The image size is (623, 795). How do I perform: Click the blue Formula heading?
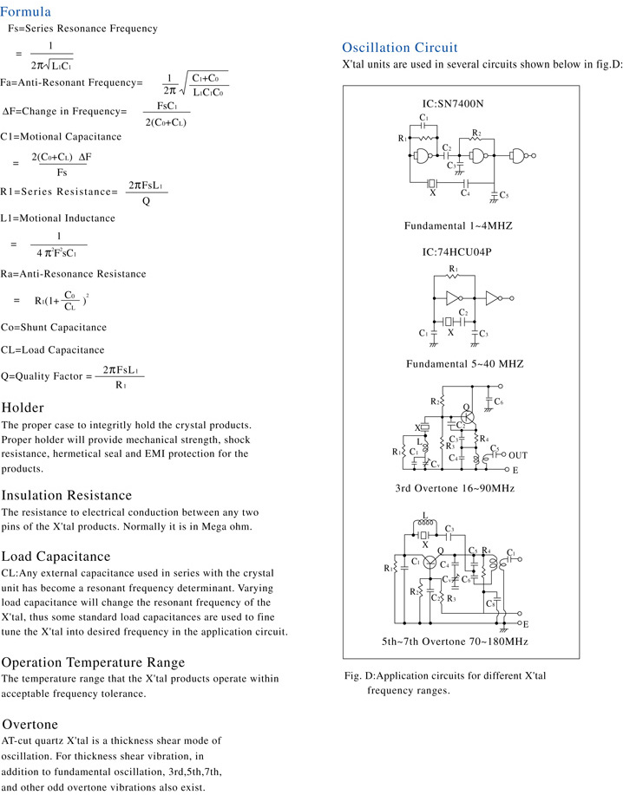[x=26, y=11]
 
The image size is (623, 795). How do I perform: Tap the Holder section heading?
[x=23, y=407]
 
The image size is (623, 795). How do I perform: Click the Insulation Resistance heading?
[x=67, y=495]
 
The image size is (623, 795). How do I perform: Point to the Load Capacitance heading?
[x=56, y=556]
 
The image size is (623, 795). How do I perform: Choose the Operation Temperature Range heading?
[x=93, y=662]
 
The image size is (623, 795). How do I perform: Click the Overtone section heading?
[x=30, y=723]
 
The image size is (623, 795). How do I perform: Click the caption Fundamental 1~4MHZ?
[x=458, y=226]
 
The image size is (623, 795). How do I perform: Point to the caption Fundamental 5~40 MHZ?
[x=464, y=363]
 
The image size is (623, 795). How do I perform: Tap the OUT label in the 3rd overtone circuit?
[x=518, y=455]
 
